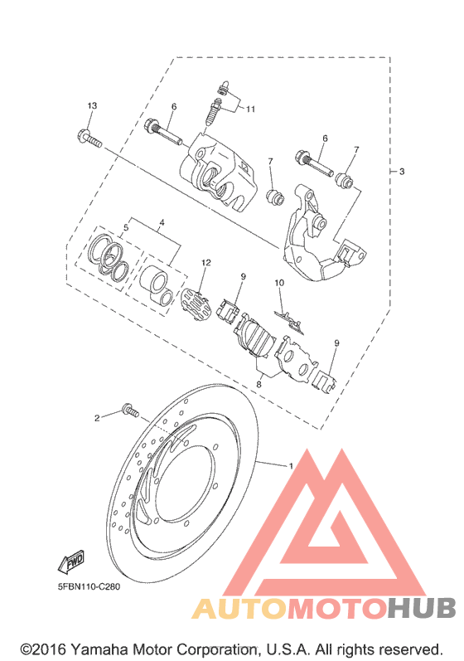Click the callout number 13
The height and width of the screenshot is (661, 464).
92,105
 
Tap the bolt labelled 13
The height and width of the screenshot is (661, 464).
89,139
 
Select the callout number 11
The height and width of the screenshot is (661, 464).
250,109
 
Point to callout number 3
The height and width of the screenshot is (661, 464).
402,172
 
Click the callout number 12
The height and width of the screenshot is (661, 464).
205,263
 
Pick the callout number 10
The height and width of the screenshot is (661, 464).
279,283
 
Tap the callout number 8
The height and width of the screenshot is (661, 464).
259,384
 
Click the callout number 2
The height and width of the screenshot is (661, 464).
97,418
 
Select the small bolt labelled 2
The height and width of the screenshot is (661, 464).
130,411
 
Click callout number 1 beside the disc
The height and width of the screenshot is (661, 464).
291,466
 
